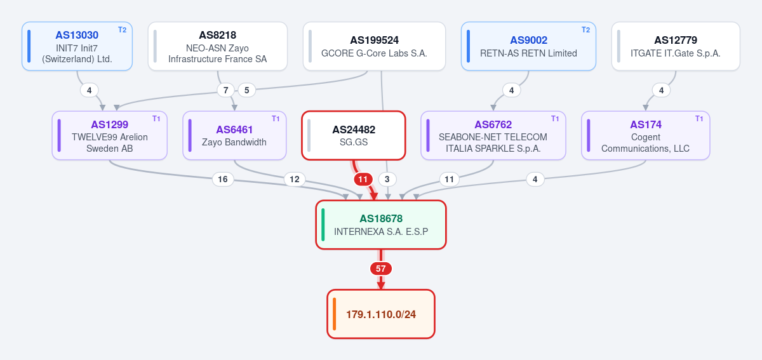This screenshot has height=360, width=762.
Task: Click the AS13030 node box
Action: point(77,46)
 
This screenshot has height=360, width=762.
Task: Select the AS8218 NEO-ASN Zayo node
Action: point(218,46)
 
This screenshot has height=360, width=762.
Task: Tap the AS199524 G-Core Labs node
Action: point(374,46)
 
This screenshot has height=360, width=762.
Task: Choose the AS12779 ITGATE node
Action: point(676,46)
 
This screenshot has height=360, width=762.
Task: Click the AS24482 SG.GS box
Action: point(354,135)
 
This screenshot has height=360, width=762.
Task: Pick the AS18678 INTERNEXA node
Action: point(381,225)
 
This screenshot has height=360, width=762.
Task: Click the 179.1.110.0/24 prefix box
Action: point(381,314)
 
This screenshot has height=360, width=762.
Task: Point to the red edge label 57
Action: point(380,269)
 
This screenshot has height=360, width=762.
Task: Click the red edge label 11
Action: point(363,179)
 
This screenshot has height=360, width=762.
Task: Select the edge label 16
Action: point(223,179)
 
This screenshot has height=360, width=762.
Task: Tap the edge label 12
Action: point(294,179)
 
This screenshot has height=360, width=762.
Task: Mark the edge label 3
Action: point(387,179)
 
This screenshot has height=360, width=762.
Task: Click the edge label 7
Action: point(225,90)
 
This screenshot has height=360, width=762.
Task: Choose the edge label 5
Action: point(246,90)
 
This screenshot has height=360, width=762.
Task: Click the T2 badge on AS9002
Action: point(585,30)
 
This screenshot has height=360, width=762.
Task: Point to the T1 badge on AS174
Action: point(699,119)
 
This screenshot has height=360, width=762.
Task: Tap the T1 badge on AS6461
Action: point(276,119)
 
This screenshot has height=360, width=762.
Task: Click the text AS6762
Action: point(493,124)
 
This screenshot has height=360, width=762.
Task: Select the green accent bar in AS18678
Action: point(323,225)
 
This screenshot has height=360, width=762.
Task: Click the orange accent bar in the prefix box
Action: point(335,314)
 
